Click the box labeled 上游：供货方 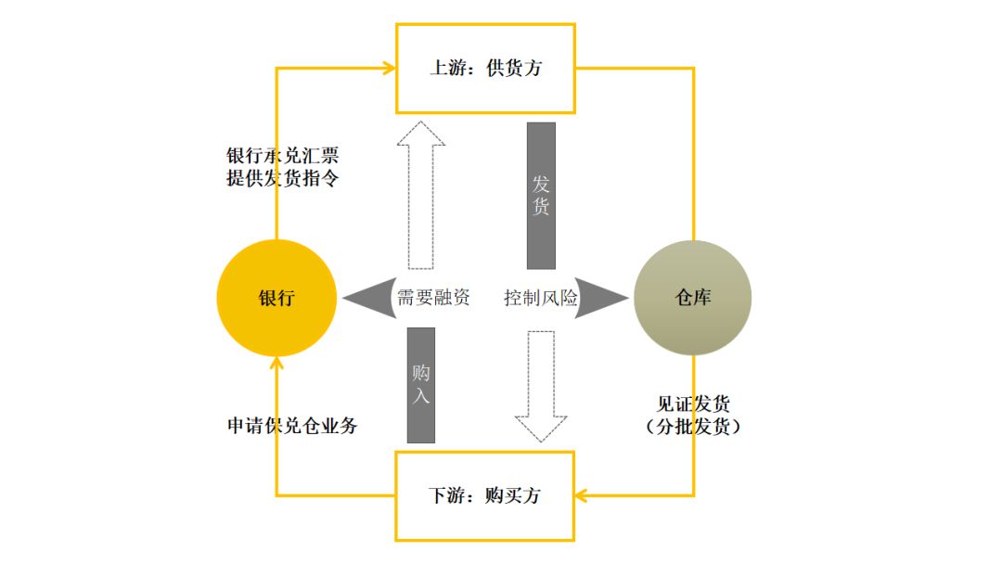[x=485, y=69]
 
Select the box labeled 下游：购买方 [x=484, y=495]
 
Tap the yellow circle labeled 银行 [x=276, y=298]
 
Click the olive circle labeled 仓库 [x=693, y=298]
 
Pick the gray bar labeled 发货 [x=541, y=196]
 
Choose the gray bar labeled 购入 [x=420, y=385]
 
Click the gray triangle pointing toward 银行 [x=364, y=298]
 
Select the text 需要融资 [x=433, y=298]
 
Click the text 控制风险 [x=540, y=298]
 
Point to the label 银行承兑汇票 [x=282, y=155]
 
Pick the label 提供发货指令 [x=282, y=178]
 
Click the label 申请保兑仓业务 [x=292, y=426]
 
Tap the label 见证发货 [x=693, y=404]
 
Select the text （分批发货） [x=693, y=427]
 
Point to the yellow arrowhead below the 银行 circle [x=276, y=364]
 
